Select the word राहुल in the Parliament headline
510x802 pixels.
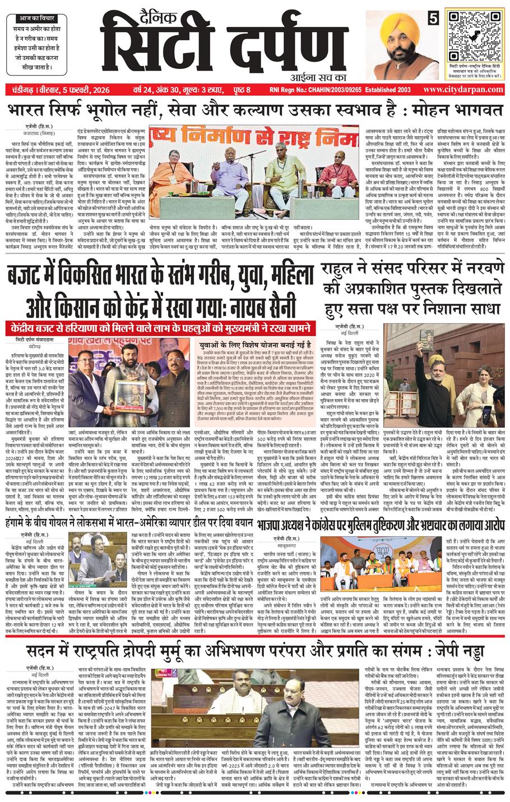point(339,272)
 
